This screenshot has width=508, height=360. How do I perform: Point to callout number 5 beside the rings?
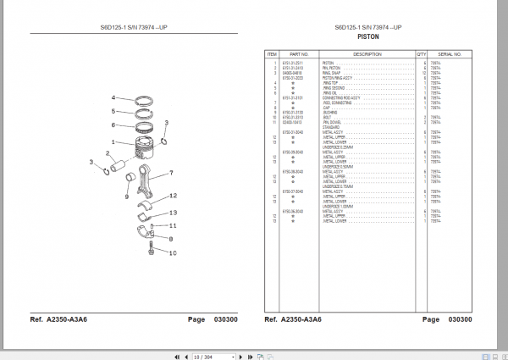coord(113,111)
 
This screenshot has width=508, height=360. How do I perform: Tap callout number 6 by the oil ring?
coord(113,125)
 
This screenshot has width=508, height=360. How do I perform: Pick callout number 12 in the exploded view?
coord(173,197)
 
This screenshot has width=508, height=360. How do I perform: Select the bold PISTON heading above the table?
coord(368,37)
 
